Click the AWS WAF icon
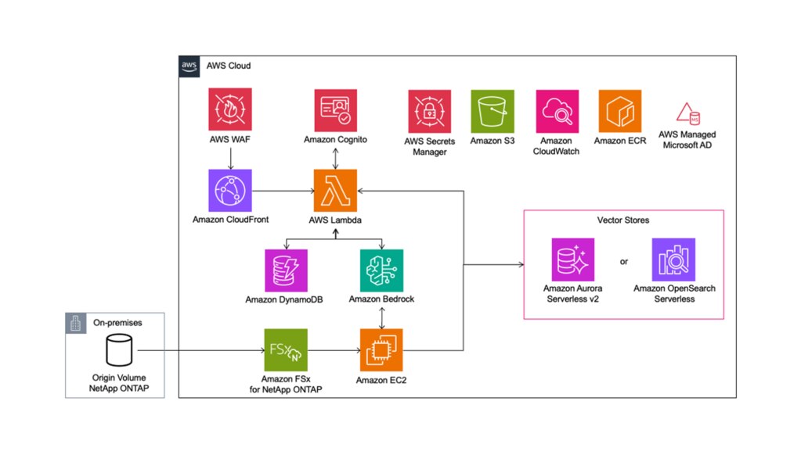coord(230,109)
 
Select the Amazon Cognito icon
coord(336,110)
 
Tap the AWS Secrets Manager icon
coord(430,111)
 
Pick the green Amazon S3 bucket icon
coord(493,111)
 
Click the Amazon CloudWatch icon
coord(557,111)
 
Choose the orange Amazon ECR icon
coord(619,111)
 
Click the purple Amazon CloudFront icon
coord(230,190)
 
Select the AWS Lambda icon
coord(335,190)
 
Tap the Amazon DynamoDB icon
coord(286,270)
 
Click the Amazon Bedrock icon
coord(381,270)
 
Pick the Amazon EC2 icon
coord(381,350)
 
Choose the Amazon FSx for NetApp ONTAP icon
coord(286,350)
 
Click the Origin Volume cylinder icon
coord(119,350)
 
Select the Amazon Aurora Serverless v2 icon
coord(572,260)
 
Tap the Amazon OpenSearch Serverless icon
coord(674,260)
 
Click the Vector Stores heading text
coord(623,220)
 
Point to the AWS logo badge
coord(189,66)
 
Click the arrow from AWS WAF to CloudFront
coord(230,159)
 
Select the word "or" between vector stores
coord(624,262)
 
